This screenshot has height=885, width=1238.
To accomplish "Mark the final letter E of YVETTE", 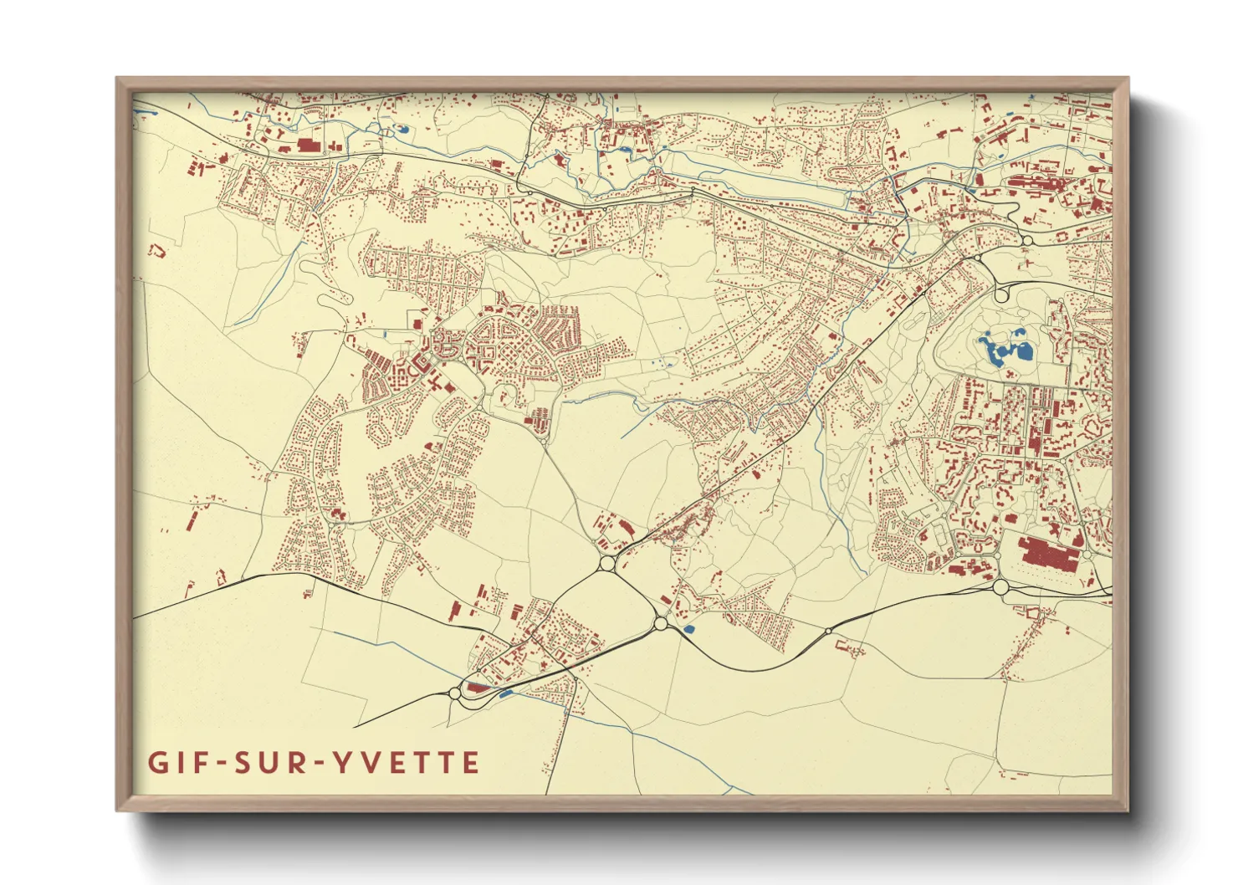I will pos(471,763).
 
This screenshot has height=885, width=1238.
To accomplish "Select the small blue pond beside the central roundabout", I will pos(688,628).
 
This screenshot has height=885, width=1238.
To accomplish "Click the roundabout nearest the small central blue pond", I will pos(660,623).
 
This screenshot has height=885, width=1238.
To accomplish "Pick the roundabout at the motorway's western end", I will pos(455,693).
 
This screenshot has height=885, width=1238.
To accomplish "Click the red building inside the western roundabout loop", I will pos(477,688).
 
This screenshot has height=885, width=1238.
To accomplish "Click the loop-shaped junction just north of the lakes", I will pos(1001,294).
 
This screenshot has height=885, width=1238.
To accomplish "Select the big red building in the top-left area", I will pos(309,146).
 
